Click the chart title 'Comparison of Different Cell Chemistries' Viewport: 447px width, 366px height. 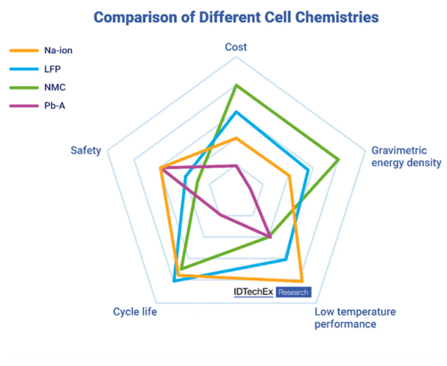(236, 17)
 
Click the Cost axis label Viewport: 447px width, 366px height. (236, 47)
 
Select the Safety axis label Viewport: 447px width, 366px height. (85, 150)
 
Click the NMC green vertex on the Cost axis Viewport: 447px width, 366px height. (236, 85)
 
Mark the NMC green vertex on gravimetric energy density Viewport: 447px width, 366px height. (339, 159)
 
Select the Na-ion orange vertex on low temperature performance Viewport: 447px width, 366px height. (302, 281)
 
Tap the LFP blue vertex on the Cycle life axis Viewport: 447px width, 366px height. (174, 281)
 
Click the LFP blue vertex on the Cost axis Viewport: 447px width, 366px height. (236, 112)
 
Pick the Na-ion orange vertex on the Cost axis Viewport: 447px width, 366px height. (236, 138)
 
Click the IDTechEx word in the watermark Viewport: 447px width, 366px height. (254, 292)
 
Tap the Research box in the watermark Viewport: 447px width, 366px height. (293, 292)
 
